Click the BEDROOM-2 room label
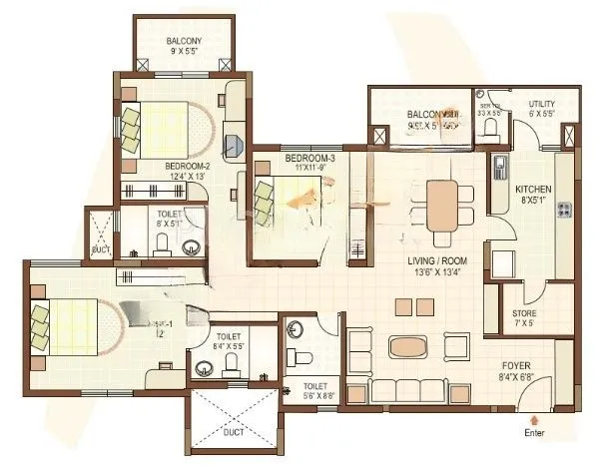(188, 166)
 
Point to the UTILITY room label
(542, 104)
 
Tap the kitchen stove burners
(565, 210)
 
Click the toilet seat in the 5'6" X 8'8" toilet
(307, 356)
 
